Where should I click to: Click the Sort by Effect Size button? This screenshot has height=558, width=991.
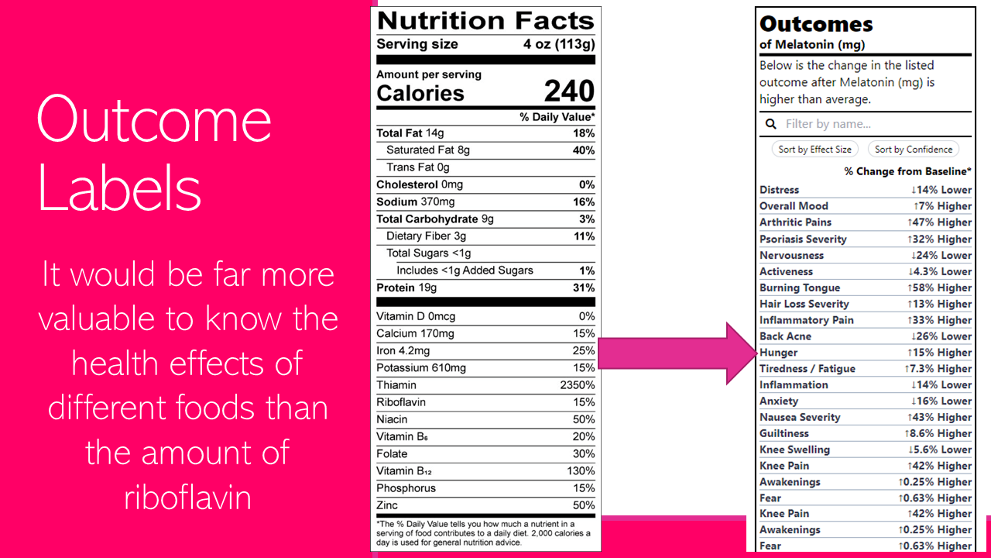[x=814, y=150]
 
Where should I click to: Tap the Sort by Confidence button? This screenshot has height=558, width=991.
[x=914, y=150]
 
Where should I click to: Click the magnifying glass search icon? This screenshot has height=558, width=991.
[x=771, y=124]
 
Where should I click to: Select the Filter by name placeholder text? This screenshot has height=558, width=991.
[x=828, y=124]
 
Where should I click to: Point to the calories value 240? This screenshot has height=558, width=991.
[x=569, y=91]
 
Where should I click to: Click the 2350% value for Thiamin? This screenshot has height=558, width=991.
[x=578, y=385]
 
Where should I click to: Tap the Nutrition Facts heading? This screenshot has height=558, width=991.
[x=485, y=21]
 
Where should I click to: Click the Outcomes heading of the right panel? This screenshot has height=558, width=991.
[x=816, y=24]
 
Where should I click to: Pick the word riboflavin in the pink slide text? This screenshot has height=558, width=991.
[x=187, y=497]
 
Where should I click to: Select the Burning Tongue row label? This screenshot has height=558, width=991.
[x=800, y=288]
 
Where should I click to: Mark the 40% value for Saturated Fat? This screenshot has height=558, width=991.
[x=583, y=150]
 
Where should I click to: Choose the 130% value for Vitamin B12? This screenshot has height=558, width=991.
[x=581, y=471]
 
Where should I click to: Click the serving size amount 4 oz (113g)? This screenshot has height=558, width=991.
[x=559, y=44]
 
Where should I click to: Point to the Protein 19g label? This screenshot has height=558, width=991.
[x=406, y=288]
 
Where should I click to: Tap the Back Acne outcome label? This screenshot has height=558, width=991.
[x=785, y=336]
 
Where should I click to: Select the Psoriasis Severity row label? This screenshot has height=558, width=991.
[x=803, y=239]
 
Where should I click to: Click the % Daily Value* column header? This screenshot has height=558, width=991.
[x=557, y=117]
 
